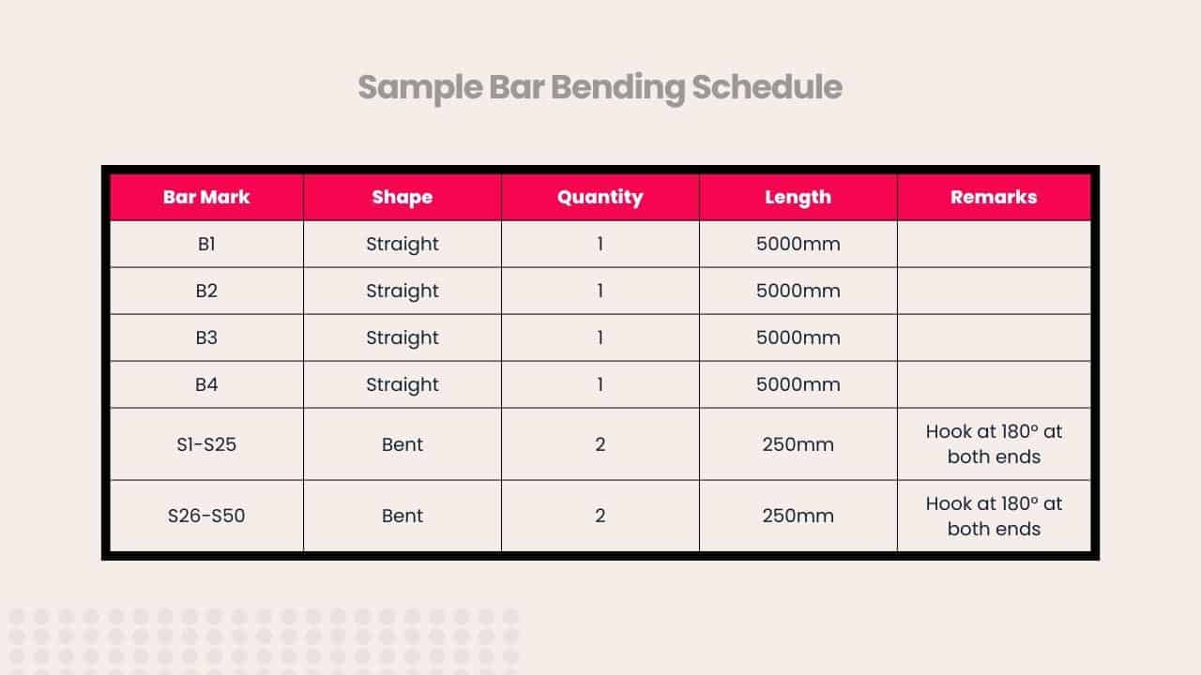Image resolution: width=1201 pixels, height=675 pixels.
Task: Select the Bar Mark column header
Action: (x=206, y=197)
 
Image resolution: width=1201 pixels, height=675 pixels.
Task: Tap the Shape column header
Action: (x=403, y=197)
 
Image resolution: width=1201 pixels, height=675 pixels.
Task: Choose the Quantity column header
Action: (x=600, y=197)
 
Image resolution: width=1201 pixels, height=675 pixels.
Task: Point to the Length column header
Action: (x=798, y=197)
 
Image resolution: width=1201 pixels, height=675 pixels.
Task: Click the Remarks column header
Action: (x=994, y=197)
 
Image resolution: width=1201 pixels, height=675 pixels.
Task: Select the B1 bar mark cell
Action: (x=206, y=244)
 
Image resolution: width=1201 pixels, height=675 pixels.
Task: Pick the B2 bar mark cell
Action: (x=206, y=291)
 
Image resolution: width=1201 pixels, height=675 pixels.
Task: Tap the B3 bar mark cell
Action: (x=206, y=337)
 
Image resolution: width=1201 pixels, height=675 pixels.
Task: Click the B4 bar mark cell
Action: (x=206, y=384)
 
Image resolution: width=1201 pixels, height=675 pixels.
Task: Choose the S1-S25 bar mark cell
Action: (x=206, y=444)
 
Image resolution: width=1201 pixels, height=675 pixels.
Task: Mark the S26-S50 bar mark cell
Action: (x=206, y=516)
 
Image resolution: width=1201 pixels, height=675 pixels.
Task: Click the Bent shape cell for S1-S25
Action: (x=403, y=444)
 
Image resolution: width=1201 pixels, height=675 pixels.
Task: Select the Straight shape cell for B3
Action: (x=403, y=337)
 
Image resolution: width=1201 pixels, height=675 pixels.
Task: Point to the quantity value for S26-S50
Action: (x=600, y=516)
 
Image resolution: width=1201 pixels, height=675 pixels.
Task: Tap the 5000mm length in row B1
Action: (x=798, y=244)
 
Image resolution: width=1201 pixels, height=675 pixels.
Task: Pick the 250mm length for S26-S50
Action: (x=798, y=516)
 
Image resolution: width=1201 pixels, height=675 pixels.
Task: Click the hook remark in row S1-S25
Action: (x=994, y=444)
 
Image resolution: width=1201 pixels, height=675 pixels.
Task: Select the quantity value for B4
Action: (x=600, y=384)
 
